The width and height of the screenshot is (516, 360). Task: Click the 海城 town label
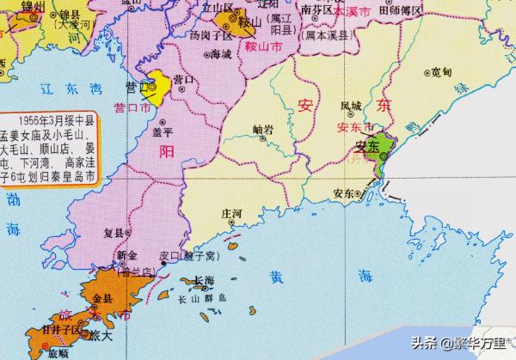220,53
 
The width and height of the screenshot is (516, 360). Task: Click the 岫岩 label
263,130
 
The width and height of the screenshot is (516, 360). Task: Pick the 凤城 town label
350,107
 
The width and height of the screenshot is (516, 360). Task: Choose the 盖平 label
163,132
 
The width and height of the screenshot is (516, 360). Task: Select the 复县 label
114,231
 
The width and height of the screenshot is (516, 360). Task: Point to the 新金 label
127,255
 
